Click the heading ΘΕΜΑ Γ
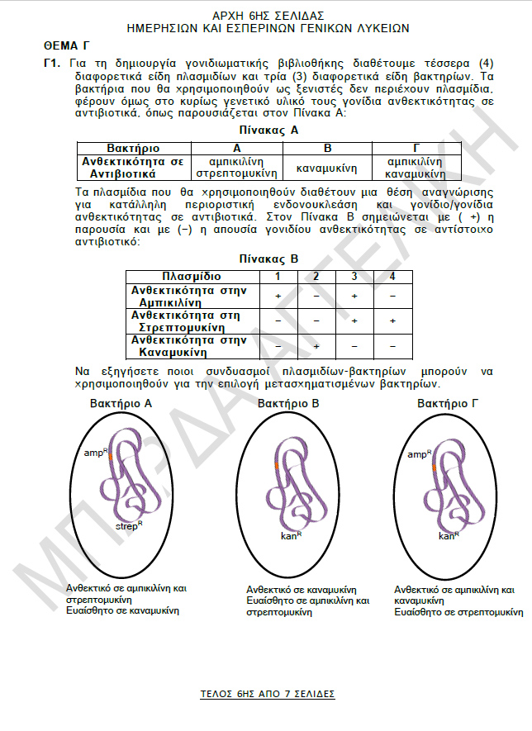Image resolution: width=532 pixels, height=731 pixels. pyautogui.click(x=66, y=46)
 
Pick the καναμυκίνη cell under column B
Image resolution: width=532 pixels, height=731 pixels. pyautogui.click(x=327, y=168)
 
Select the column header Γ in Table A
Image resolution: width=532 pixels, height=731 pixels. pyautogui.click(x=416, y=147)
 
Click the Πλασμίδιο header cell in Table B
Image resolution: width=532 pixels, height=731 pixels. pyautogui.click(x=192, y=276)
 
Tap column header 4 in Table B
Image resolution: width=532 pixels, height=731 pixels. pyautogui.click(x=392, y=276)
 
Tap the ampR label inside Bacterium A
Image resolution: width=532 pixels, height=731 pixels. pyautogui.click(x=95, y=453)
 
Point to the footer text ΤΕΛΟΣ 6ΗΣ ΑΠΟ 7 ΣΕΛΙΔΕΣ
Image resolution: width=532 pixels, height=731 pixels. pyautogui.click(x=268, y=694)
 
